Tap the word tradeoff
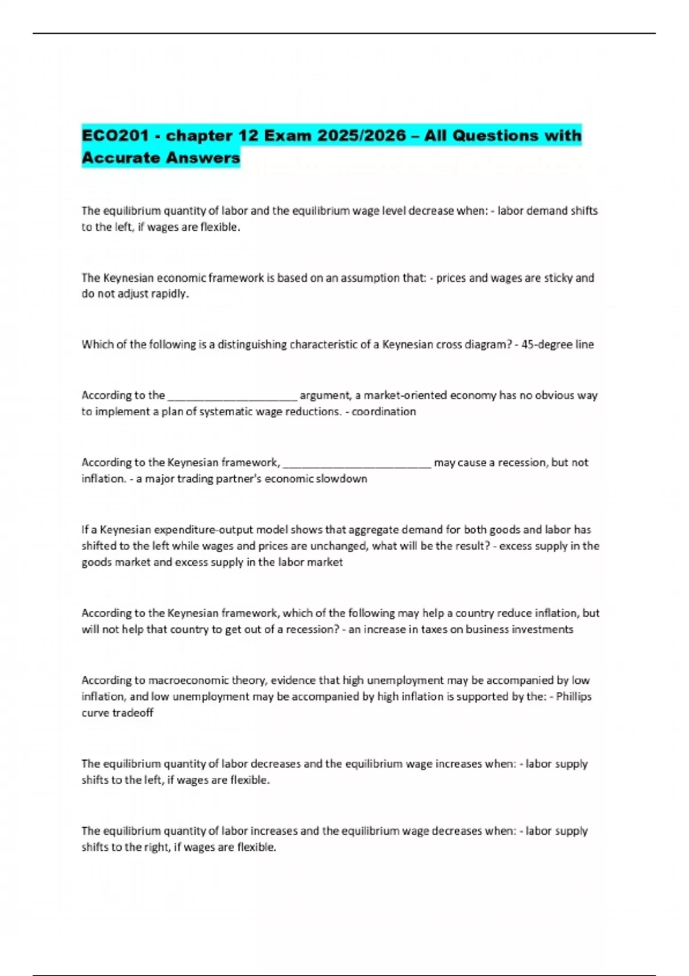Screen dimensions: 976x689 click(133, 712)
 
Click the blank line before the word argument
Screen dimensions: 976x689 click(232, 396)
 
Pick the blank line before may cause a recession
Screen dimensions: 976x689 click(357, 463)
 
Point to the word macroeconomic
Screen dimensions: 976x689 click(189, 680)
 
